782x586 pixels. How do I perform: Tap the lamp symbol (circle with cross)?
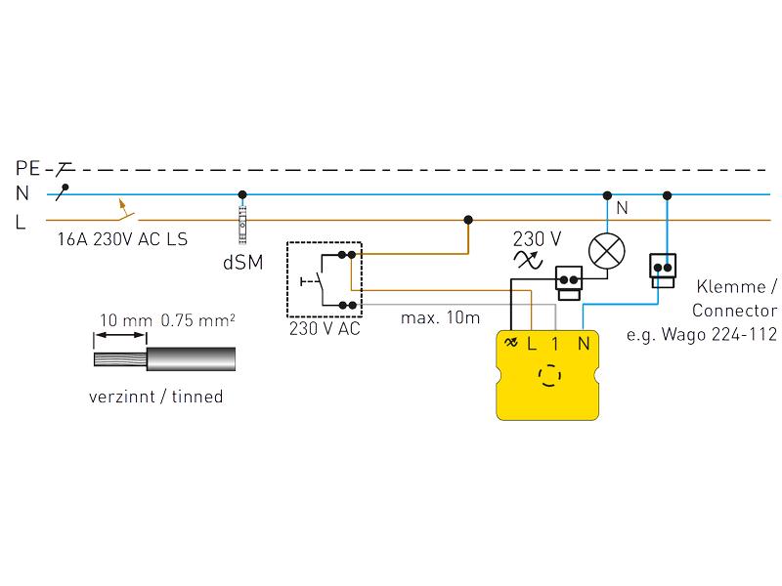tap(607, 251)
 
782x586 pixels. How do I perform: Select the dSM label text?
tap(242, 263)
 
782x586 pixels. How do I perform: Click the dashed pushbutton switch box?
tap(325, 279)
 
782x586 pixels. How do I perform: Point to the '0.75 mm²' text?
tap(197, 319)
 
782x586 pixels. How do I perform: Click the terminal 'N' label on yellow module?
tap(584, 343)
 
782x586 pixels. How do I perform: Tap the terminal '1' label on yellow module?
tap(556, 343)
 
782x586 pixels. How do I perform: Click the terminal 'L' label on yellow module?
tap(532, 343)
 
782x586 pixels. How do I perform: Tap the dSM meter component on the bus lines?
tap(242, 221)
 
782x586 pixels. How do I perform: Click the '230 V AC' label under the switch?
tap(325, 329)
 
